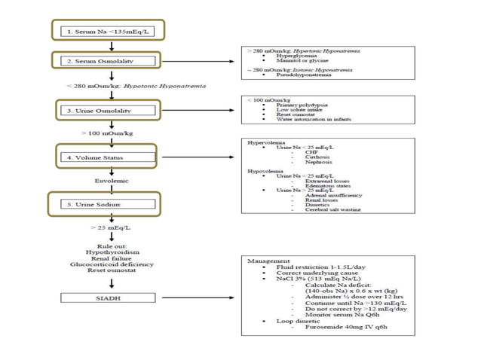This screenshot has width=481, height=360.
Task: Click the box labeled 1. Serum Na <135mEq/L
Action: (109, 31)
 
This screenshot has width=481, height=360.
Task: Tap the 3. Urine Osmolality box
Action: (109, 111)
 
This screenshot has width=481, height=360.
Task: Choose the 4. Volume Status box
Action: (109, 157)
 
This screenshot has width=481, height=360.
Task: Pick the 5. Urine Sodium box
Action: (109, 204)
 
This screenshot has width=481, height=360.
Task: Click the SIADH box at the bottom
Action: (111, 297)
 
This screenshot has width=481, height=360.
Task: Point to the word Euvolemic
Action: (111, 181)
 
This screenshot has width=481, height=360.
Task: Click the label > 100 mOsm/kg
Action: (108, 133)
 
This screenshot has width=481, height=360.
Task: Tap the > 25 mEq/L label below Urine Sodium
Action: (111, 227)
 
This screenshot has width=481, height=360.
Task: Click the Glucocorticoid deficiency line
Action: (111, 264)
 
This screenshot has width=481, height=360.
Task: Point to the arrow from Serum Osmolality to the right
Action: (196, 59)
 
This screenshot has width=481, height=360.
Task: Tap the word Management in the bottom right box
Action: (265, 261)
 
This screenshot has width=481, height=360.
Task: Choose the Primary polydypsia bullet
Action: (300, 106)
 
